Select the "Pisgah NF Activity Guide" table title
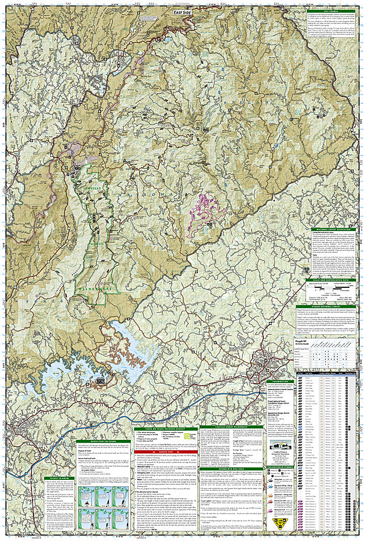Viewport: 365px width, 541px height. point(309,343)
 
